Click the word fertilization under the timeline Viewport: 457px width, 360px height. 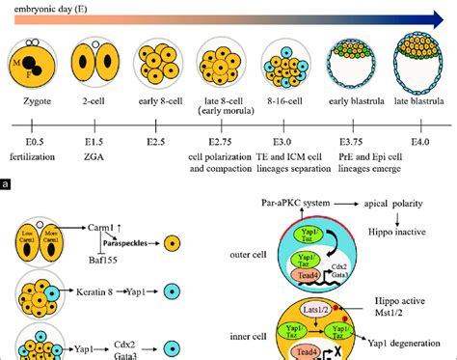click(x=35, y=155)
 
